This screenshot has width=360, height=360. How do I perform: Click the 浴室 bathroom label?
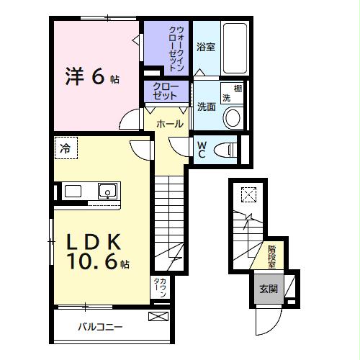pos(206,48)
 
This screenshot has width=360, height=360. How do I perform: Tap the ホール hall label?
pos(170,124)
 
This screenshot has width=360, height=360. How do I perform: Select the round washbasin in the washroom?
pos(233,118)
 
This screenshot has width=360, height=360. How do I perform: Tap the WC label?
pos(202,148)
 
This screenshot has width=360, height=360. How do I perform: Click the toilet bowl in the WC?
pos(226,149)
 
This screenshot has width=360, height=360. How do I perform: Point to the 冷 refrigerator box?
pos(66,149)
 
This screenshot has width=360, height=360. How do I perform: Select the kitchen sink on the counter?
pos(107,192)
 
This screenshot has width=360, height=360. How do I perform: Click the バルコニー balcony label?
pos(100,326)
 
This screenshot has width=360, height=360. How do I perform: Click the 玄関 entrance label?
pos(269,289)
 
